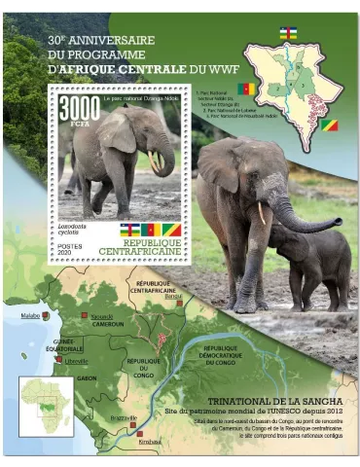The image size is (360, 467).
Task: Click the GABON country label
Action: click(x=87, y=377)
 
